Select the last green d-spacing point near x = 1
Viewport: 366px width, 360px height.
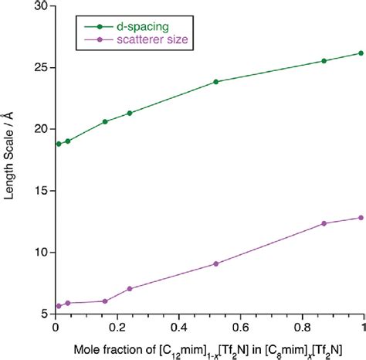(361, 53)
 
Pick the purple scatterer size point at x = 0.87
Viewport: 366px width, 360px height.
(324, 223)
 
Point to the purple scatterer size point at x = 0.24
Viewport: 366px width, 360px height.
(130, 289)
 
